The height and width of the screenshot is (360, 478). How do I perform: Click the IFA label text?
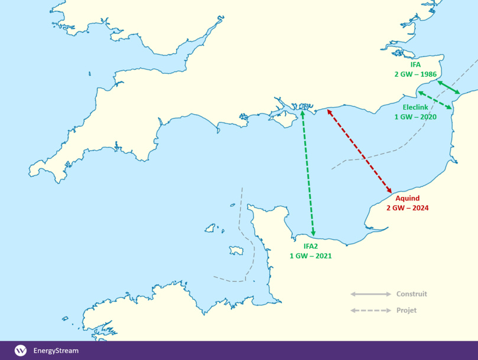tap(415, 65)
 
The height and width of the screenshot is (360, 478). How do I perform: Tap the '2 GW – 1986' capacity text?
tap(415, 74)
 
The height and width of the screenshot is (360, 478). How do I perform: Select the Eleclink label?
tap(415, 108)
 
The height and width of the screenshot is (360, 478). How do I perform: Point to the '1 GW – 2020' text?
tap(415, 117)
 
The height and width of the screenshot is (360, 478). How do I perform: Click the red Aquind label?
tap(407, 199)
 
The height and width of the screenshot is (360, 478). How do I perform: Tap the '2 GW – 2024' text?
tap(407, 208)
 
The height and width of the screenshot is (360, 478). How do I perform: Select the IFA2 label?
tap(310, 247)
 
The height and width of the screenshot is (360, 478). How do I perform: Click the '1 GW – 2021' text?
tap(310, 256)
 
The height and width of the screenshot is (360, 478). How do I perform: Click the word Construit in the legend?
tap(411, 294)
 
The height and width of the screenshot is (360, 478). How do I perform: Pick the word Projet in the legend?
tap(407, 310)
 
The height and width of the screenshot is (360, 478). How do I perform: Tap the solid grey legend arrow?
tap(370, 294)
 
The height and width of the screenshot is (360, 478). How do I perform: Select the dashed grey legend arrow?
tap(370, 310)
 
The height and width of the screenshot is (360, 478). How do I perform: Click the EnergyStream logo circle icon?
tap(21, 351)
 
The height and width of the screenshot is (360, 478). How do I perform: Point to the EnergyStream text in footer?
tap(56, 351)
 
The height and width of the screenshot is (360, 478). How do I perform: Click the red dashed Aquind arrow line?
tap(359, 150)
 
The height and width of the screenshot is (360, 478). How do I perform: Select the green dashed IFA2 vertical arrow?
tap(308, 171)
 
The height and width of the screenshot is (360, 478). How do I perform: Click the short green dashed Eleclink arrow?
tap(435, 99)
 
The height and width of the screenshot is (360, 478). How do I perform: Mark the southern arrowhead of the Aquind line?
tap(391, 191)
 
